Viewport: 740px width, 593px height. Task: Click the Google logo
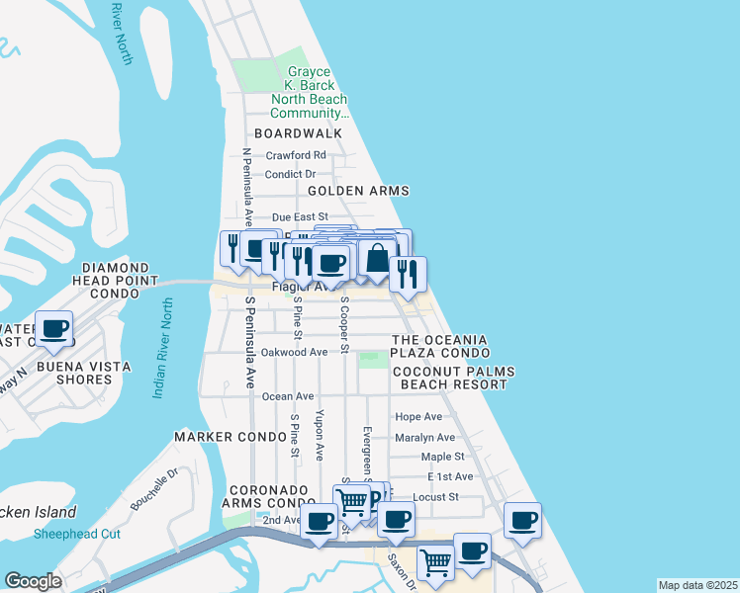click(33, 581)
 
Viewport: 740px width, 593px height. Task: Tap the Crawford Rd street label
click(296, 155)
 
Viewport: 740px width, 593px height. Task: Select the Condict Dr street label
click(290, 174)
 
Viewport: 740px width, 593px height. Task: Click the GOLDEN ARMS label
click(358, 191)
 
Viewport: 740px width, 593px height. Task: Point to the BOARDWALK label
click(298, 133)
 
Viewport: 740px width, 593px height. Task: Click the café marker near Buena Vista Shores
click(54, 328)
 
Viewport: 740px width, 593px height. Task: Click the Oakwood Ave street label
click(294, 352)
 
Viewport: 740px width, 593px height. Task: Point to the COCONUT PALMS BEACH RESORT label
click(449, 378)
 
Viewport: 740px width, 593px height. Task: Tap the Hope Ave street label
click(417, 417)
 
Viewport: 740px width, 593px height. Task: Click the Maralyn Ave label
click(424, 437)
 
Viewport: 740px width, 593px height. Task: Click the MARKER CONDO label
click(216, 436)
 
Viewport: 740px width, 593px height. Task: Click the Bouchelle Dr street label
click(152, 487)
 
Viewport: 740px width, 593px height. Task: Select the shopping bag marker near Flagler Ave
click(377, 259)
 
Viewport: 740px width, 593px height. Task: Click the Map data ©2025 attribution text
click(698, 585)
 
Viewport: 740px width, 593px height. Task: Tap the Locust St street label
click(436, 497)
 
